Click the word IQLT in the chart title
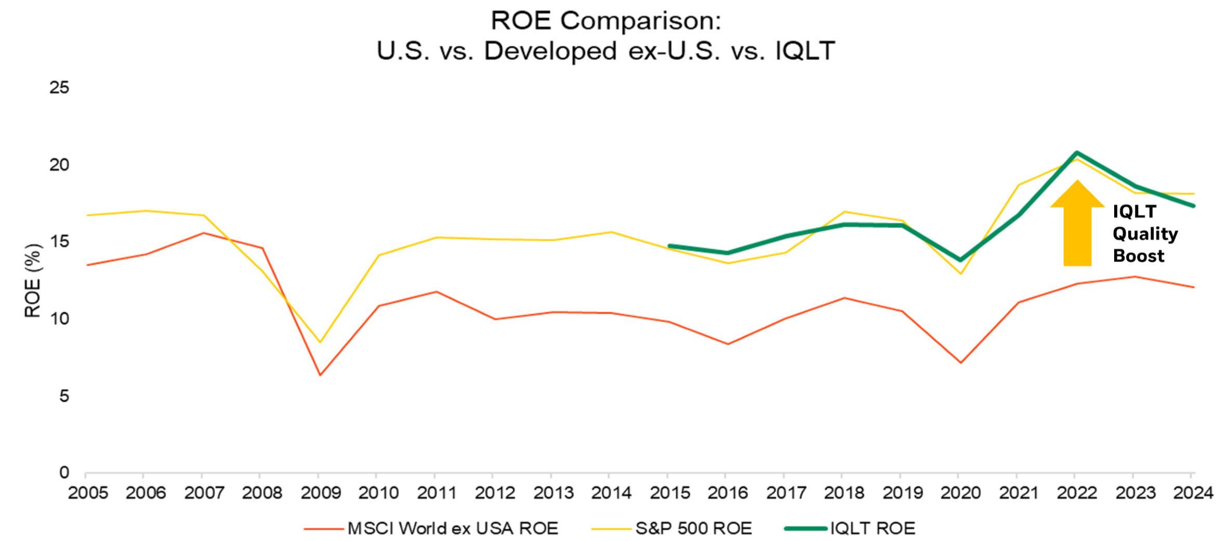[x=805, y=51]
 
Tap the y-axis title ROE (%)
[x=33, y=281]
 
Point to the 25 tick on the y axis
[x=59, y=87]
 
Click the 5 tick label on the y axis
[x=63, y=397]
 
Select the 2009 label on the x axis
[x=320, y=493]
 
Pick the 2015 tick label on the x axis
[x=670, y=493]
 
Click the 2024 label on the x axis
[x=1193, y=493]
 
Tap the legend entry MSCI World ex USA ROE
[x=452, y=529]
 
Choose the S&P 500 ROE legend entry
[x=693, y=529]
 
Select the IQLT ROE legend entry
[x=872, y=529]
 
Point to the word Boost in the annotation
[x=1138, y=256]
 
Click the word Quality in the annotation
[x=1145, y=234]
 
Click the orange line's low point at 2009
[x=320, y=375]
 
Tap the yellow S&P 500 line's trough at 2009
[x=320, y=342]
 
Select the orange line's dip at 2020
[x=960, y=362]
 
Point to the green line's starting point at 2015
[x=670, y=246]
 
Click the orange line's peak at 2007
[x=204, y=233]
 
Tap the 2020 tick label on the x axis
[x=960, y=493]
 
